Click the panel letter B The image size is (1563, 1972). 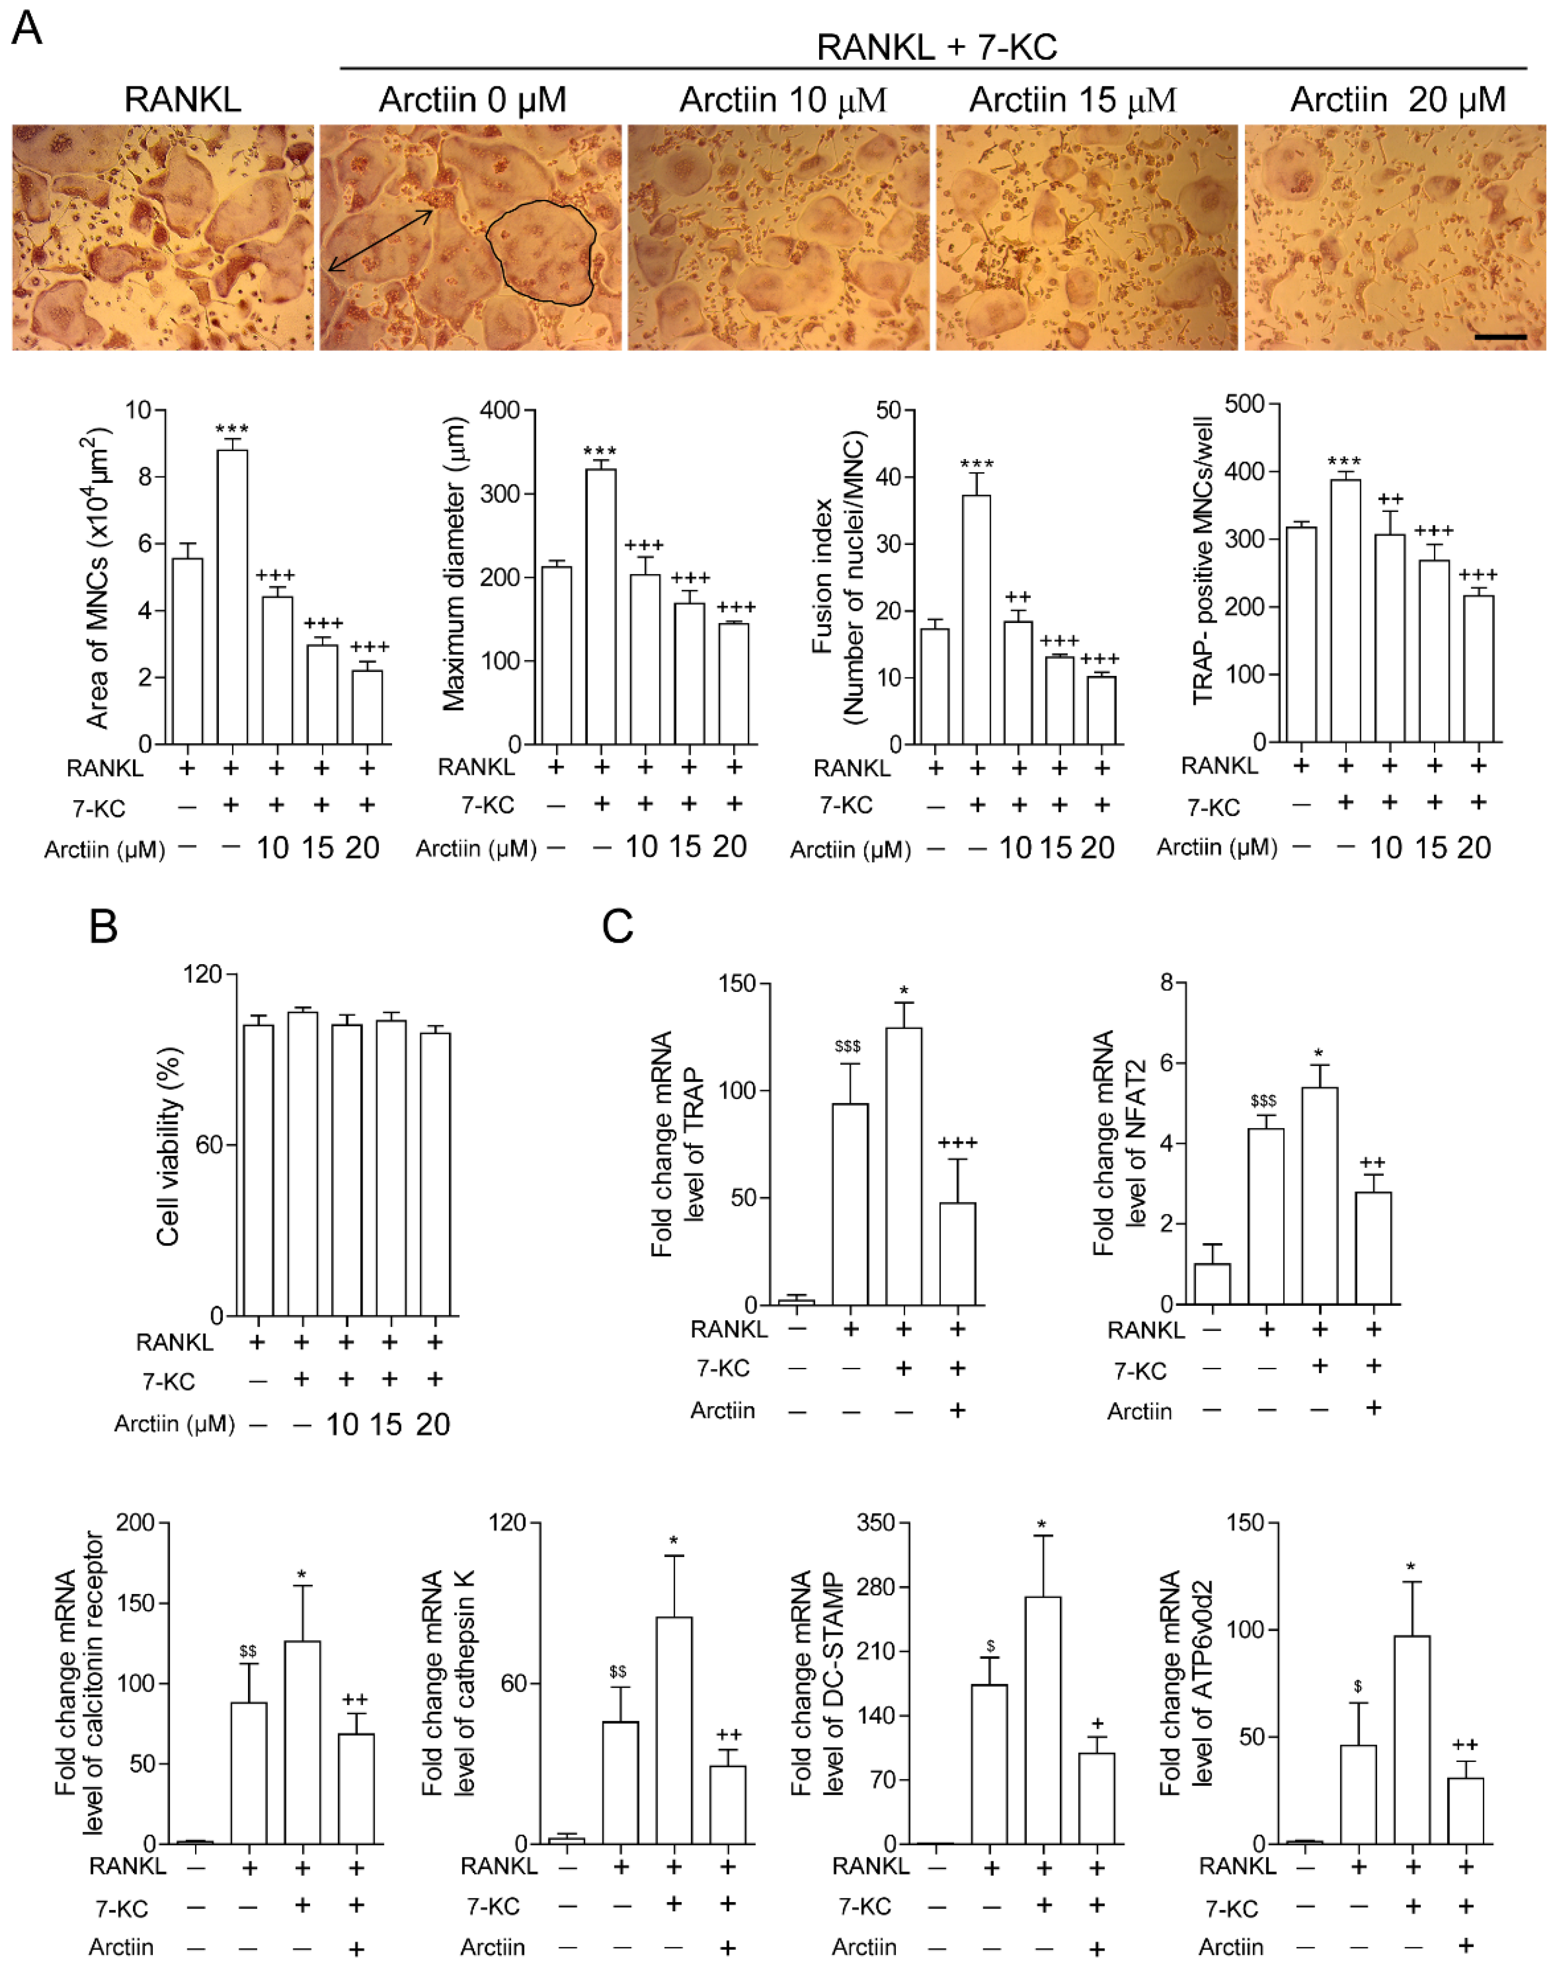coord(103,926)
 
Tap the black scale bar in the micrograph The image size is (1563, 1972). coord(1500,337)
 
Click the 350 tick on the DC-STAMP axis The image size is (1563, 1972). coord(875,1523)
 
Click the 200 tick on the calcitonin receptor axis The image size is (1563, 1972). coord(135,1523)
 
